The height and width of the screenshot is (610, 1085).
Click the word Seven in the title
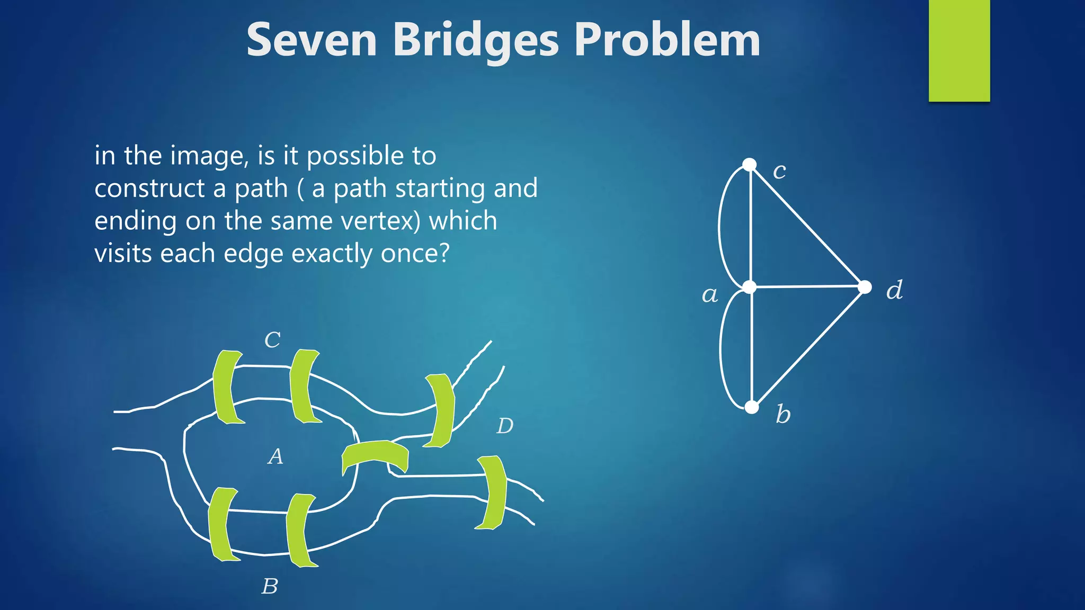(312, 40)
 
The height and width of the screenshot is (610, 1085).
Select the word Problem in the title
(667, 40)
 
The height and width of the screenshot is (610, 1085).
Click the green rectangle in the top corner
(959, 50)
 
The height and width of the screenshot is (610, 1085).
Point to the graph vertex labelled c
(749, 165)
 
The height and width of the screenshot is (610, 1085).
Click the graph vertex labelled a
(750, 288)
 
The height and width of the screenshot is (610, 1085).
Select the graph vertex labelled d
(865, 287)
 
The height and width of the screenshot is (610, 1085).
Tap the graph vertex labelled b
(752, 407)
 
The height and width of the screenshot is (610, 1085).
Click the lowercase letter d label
(894, 290)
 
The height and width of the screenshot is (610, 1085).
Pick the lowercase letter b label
(783, 414)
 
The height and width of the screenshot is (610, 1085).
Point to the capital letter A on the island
(275, 456)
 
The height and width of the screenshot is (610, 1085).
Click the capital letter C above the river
(272, 340)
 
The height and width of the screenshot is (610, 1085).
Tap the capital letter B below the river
(270, 586)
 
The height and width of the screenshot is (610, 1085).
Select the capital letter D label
(505, 426)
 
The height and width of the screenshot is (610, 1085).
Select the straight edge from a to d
(807, 287)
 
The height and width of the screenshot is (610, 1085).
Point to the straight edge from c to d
(807, 226)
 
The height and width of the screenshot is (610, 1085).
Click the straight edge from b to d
(808, 347)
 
